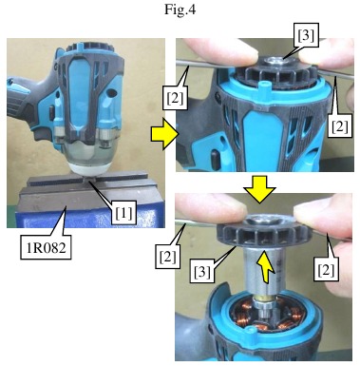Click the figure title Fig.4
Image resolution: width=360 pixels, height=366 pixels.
coord(180,10)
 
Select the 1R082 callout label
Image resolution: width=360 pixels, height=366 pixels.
coord(46,247)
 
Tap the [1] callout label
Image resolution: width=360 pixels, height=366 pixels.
coord(123,212)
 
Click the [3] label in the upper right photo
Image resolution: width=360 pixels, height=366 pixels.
coord(306,35)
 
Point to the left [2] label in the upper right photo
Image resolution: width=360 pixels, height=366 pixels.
coord(175,97)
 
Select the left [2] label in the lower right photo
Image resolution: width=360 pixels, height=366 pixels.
coord(167,257)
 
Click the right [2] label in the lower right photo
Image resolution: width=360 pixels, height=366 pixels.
coord(326,269)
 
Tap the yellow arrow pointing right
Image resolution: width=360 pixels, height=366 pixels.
coord(164,134)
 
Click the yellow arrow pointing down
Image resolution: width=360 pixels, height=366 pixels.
coord(260,189)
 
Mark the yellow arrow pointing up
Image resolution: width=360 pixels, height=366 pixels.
coord(266,267)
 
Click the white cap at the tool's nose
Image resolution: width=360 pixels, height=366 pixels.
coord(90,168)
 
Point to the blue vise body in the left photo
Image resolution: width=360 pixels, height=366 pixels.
coord(85,216)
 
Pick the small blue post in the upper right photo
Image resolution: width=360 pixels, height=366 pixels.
coord(262,86)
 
